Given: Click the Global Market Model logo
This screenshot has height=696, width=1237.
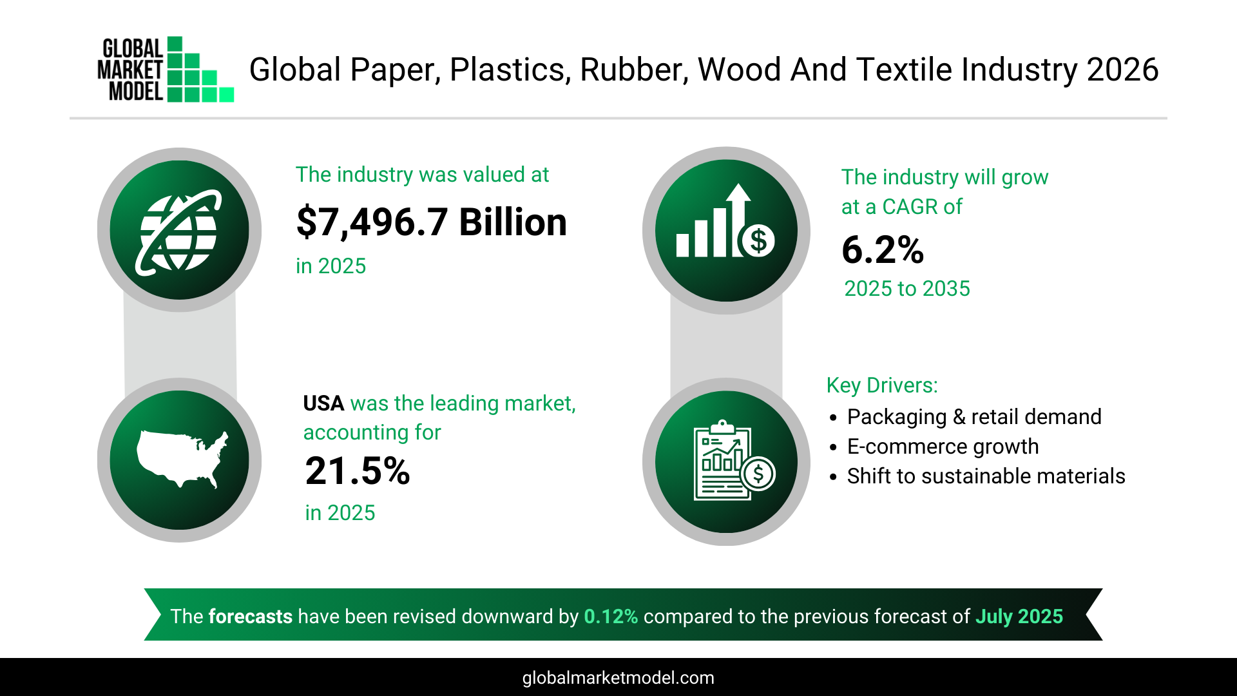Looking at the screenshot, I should click(x=165, y=70).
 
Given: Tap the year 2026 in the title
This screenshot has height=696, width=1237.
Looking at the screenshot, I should click(x=1122, y=70).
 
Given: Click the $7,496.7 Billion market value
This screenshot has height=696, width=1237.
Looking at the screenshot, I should click(x=431, y=222).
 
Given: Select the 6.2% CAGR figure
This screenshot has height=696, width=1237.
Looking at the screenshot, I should click(x=883, y=250).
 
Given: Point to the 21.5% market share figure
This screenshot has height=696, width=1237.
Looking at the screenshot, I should click(x=358, y=471).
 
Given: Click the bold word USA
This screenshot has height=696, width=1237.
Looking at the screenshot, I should click(x=323, y=403).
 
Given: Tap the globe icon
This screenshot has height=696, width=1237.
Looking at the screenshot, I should click(x=179, y=230).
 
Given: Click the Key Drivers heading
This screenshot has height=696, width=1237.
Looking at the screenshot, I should click(x=882, y=385).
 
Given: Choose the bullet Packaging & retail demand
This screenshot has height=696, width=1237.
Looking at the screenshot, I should click(x=973, y=417).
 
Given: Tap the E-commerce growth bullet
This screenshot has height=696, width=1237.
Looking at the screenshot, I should click(x=943, y=447).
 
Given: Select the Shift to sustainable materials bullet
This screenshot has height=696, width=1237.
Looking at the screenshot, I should click(x=986, y=476).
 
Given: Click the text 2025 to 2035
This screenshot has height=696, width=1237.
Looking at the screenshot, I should click(x=907, y=289).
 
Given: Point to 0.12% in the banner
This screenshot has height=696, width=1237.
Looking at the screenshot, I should click(x=611, y=617).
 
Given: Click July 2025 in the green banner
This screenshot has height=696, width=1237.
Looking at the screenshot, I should click(x=1019, y=617).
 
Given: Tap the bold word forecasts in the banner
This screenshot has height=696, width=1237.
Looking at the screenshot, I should click(x=250, y=617).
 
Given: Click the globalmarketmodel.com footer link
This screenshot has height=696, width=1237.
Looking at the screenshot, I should click(x=618, y=678).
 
